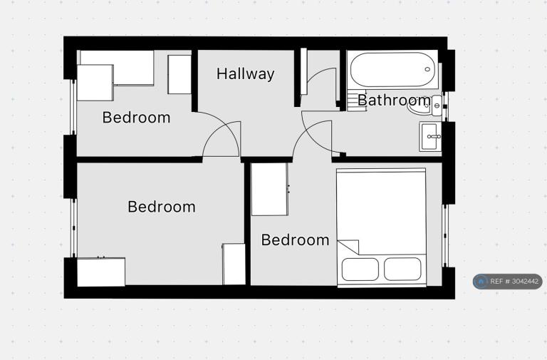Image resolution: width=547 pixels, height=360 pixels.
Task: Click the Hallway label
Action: point(245,74)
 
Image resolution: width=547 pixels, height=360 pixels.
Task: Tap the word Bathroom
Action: point(394,101)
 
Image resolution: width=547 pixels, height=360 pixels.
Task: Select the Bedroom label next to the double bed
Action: point(295,240)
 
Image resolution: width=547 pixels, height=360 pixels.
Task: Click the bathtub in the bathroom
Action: point(393,69)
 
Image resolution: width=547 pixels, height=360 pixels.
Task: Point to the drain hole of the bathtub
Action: point(427,69)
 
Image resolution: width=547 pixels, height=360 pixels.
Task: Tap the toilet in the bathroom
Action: point(424,105)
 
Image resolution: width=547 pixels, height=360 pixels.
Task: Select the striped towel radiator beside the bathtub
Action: point(356,101)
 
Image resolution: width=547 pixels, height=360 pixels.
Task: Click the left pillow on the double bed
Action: point(360,269)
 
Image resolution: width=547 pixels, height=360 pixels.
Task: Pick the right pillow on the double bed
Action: point(402,269)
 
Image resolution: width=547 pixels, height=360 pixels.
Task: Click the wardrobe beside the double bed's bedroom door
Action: point(270,189)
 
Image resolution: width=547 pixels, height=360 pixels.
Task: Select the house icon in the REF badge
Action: point(481,282)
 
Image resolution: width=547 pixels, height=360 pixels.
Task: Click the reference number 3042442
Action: point(525,282)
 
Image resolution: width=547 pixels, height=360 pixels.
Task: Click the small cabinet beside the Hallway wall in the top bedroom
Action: point(179,74)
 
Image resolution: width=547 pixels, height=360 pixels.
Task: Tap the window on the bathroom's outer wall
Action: point(445,106)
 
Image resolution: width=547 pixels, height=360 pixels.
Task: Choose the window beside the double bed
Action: point(445,236)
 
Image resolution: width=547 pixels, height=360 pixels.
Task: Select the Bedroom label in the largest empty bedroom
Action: point(162,207)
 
